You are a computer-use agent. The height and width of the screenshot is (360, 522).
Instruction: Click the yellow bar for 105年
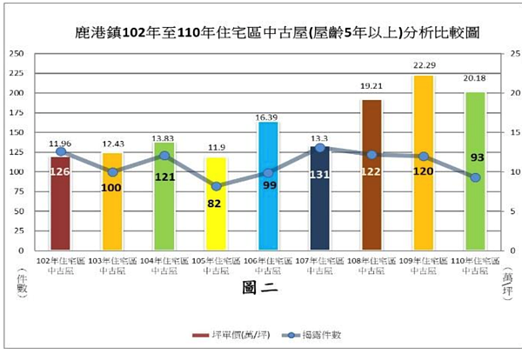pyautogui.click(x=216, y=203)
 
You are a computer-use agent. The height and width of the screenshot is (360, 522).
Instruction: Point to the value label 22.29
pyautogui.click(x=424, y=66)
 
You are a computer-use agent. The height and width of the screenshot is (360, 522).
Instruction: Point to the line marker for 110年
pyautogui.click(x=475, y=177)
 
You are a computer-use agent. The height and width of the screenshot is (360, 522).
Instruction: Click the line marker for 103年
pyautogui.click(x=112, y=172)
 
